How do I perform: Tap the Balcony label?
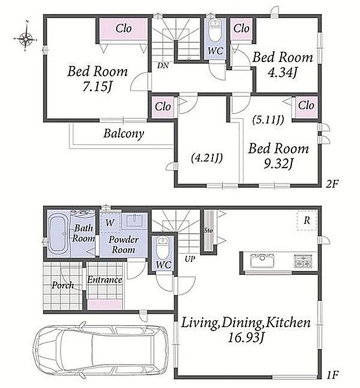124,134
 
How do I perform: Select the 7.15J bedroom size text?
96,86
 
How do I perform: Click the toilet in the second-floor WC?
215,30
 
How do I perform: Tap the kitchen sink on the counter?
262,262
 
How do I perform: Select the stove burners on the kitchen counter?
303,262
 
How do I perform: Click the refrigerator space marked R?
307,220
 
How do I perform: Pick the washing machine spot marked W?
110,223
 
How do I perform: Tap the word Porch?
63,285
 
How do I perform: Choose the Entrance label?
105,280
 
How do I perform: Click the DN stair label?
163,66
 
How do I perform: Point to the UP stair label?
190,259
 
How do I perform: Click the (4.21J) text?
207,158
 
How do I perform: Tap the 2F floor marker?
332,184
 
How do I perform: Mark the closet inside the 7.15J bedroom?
124,28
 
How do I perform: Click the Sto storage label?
208,230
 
